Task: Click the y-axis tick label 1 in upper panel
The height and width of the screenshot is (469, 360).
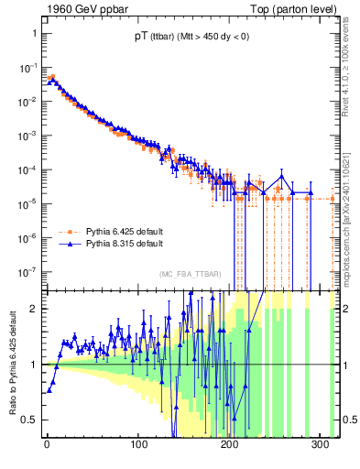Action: (33, 33)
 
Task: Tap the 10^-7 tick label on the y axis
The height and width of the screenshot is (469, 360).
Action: (27, 271)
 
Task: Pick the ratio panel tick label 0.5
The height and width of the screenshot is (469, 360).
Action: (29, 420)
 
